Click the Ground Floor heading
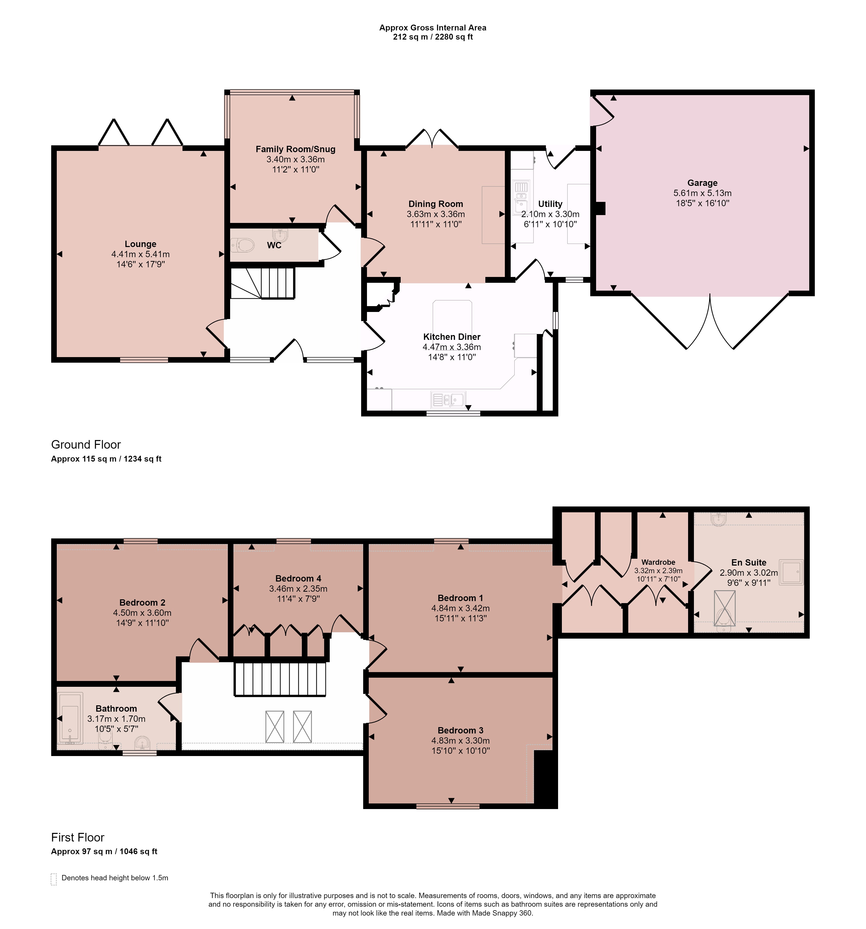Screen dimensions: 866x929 coord(86,444)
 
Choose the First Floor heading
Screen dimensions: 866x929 coord(78,837)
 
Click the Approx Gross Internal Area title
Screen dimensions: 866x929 coord(433,28)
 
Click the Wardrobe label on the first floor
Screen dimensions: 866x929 coord(658,562)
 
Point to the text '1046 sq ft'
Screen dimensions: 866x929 coord(138,851)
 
